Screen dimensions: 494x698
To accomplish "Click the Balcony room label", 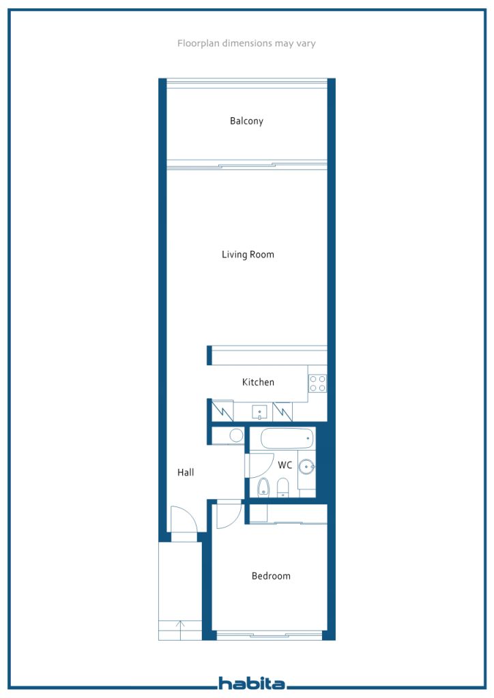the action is (x=246, y=121).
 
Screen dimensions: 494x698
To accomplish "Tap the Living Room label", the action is (x=248, y=255).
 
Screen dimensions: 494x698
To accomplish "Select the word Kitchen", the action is (x=258, y=382).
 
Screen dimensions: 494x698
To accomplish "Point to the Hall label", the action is (x=186, y=472).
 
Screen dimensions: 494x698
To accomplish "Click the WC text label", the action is (x=285, y=465).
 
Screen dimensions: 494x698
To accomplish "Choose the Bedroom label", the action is (x=271, y=576).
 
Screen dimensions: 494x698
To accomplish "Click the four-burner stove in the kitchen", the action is (x=317, y=383).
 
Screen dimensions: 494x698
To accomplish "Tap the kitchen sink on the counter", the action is (x=259, y=412).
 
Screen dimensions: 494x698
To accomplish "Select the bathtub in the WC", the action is (x=287, y=438).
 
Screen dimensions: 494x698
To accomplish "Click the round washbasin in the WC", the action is (x=306, y=467).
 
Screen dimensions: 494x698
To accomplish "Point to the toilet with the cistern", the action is (x=263, y=487).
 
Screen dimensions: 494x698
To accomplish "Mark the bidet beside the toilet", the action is (x=283, y=487).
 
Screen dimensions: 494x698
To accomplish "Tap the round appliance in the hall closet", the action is (x=236, y=436).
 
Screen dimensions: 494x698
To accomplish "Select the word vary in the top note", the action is (x=306, y=44).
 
